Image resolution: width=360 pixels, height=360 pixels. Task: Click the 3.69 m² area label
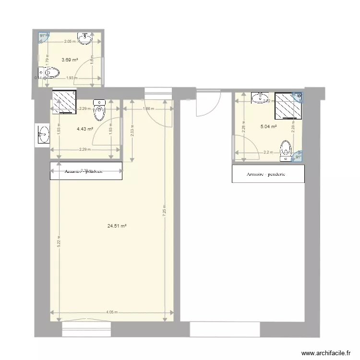click(x=70, y=60)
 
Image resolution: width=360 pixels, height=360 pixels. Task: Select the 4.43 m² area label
click(x=84, y=129)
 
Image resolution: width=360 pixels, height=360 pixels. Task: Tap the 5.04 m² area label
click(x=268, y=127)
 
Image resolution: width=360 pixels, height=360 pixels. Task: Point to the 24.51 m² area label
click(x=118, y=226)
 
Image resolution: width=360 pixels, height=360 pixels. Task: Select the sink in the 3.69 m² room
click(x=85, y=38)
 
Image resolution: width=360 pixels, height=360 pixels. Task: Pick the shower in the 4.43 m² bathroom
click(x=64, y=102)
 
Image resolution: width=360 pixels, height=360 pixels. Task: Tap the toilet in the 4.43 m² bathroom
click(x=99, y=110)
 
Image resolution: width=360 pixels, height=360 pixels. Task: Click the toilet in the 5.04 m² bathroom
click(x=286, y=149)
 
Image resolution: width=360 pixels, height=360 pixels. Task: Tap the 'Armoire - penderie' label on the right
click(x=266, y=175)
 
